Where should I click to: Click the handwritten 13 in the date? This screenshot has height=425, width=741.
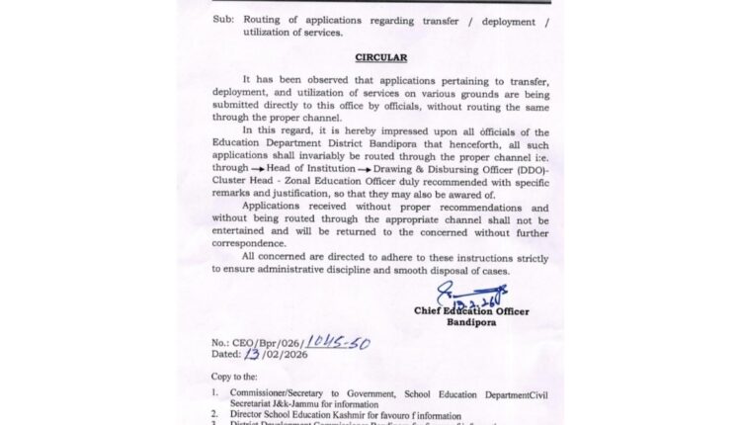tap(257, 357)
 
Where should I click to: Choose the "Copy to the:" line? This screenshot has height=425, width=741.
tap(239, 377)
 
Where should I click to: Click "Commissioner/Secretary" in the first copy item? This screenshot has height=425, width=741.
tap(281, 392)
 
